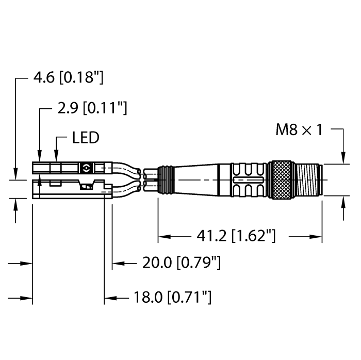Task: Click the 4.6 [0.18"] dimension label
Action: click(69, 77)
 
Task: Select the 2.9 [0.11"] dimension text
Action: click(92, 108)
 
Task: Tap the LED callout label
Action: click(86, 138)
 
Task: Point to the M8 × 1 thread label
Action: click(299, 130)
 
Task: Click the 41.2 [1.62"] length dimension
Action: click(236, 236)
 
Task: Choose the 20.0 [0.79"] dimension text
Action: click(182, 263)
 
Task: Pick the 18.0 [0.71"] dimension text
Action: click(172, 297)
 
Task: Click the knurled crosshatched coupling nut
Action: click(282, 180)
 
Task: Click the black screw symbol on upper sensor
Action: click(86, 168)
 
